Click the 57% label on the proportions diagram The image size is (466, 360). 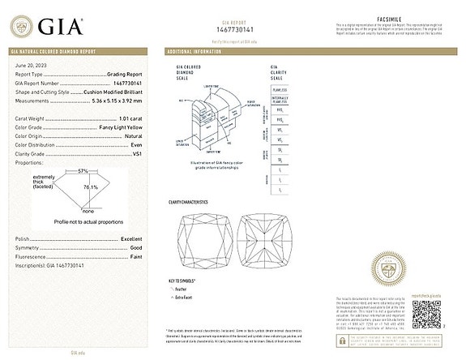[x=83, y=171]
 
